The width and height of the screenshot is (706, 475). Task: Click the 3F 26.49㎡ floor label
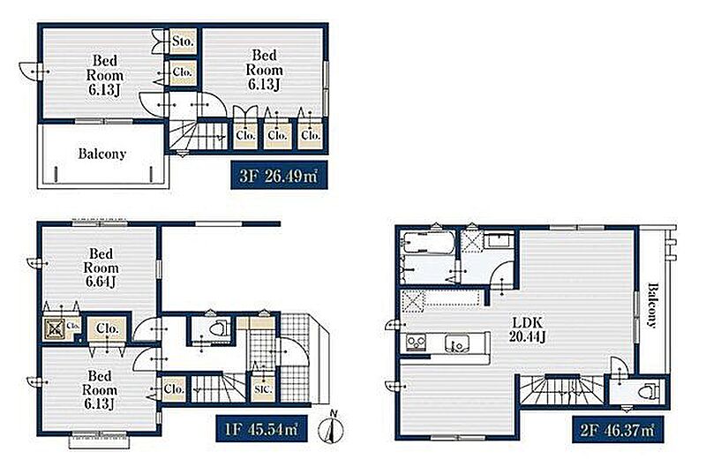pyautogui.click(x=279, y=175)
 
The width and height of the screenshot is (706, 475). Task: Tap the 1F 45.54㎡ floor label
pyautogui.click(x=261, y=428)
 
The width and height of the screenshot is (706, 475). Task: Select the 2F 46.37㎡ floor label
pyautogui.click(x=618, y=429)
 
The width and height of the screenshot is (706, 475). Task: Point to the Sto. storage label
pyautogui.click(x=183, y=41)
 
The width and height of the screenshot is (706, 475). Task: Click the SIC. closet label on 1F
pyautogui.click(x=262, y=388)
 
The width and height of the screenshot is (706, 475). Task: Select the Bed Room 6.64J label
pyautogui.click(x=101, y=268)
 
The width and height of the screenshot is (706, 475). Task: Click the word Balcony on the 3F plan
pyautogui.click(x=101, y=154)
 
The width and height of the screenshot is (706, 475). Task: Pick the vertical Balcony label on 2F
pyautogui.click(x=652, y=305)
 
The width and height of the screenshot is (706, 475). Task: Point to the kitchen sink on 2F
pyautogui.click(x=456, y=343)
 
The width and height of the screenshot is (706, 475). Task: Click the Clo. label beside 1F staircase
pyautogui.click(x=174, y=388)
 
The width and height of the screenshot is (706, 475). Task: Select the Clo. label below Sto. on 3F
pyautogui.click(x=183, y=72)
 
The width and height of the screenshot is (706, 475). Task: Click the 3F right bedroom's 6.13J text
pyautogui.click(x=264, y=84)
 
